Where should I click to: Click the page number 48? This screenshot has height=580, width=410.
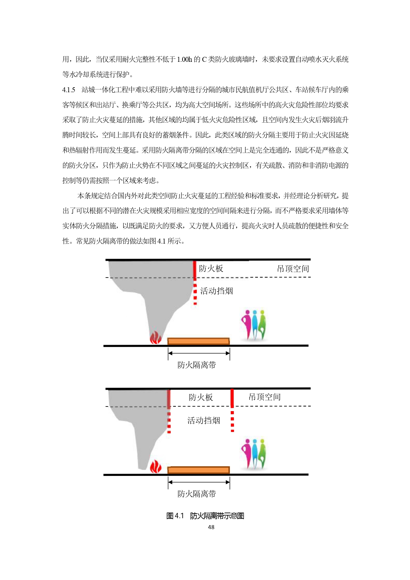pyautogui.click(x=211, y=527)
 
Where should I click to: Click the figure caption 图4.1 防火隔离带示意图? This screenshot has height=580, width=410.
pyautogui.click(x=205, y=516)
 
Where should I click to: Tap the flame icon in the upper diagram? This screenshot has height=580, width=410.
pyautogui.click(x=155, y=338)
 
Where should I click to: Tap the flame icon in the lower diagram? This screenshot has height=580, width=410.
pyautogui.click(x=155, y=467)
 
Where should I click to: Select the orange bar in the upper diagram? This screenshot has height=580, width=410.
pyautogui.click(x=198, y=341)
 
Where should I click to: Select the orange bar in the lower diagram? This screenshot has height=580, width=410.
pyautogui.click(x=198, y=470)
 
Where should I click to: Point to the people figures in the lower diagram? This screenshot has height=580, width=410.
pyautogui.click(x=254, y=454)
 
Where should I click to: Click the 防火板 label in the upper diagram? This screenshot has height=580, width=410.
pyautogui.click(x=211, y=268)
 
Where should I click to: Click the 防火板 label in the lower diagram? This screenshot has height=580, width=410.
pyautogui.click(x=201, y=397)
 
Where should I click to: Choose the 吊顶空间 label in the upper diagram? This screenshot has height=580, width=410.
pyautogui.click(x=293, y=269)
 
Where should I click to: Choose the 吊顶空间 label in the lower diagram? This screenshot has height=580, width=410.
pyautogui.click(x=265, y=397)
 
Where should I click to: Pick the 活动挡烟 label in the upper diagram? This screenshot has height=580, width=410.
pyautogui.click(x=217, y=291)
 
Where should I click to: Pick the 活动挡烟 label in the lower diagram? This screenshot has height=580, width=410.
pyautogui.click(x=204, y=420)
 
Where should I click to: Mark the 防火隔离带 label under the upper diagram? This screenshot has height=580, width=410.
pyautogui.click(x=197, y=365)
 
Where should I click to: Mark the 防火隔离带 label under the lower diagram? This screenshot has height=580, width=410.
pyautogui.click(x=197, y=494)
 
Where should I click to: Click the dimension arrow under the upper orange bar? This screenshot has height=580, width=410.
pyautogui.click(x=199, y=353)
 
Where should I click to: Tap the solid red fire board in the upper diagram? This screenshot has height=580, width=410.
pyautogui.click(x=195, y=270)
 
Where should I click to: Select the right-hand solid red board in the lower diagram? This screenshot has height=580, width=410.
pyautogui.click(x=232, y=398)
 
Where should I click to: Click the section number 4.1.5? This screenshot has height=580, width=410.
pyautogui.click(x=69, y=90)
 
